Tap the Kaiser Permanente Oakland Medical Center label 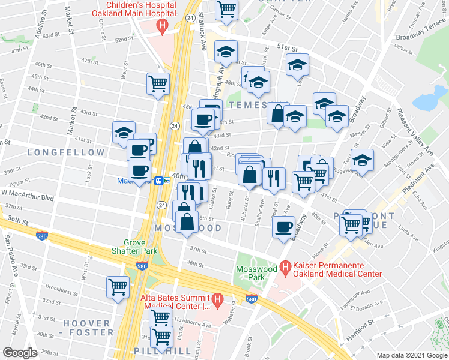(337, 269)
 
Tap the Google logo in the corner (20, 353)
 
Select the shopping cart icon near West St (117, 286)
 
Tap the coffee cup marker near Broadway (283, 227)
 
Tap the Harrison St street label (360, 330)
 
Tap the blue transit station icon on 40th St (160, 180)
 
